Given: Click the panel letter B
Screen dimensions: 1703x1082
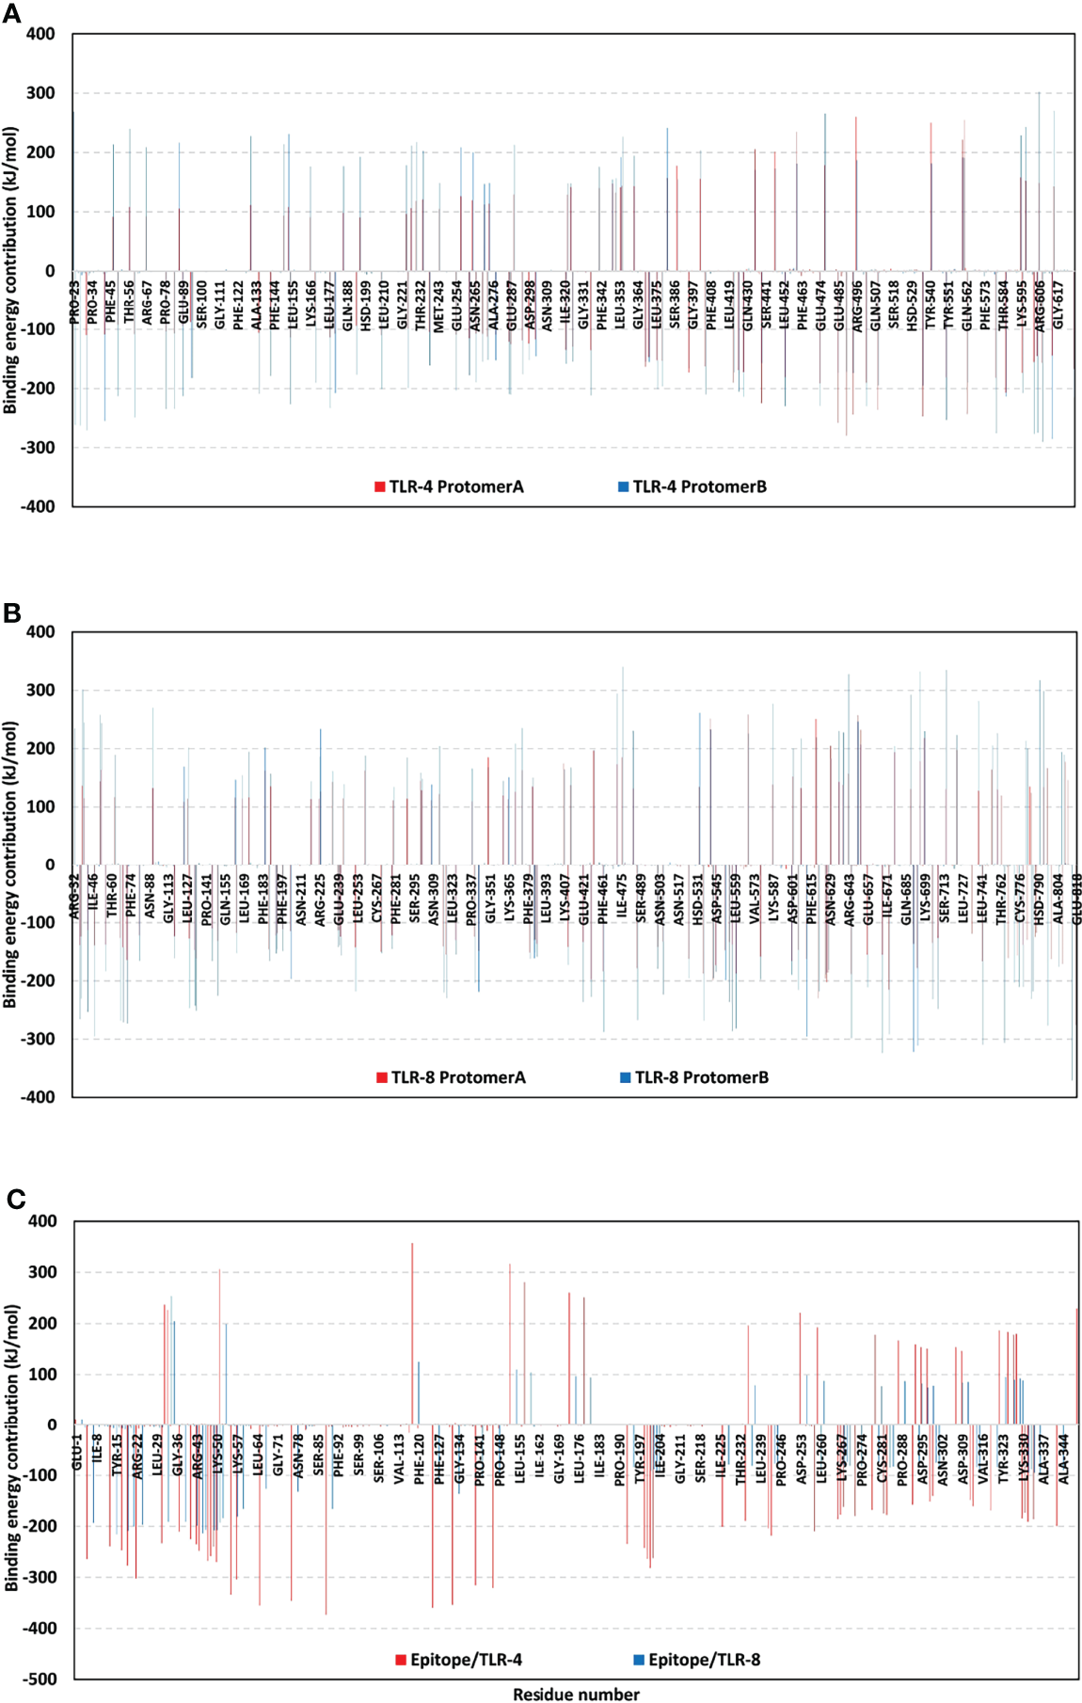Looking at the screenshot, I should coord(11,613).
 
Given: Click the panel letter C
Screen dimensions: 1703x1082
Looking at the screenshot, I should coord(15,1199).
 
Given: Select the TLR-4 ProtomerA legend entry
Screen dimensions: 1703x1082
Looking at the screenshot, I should coord(449,486).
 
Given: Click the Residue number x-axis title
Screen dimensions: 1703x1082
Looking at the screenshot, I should coord(576,1694).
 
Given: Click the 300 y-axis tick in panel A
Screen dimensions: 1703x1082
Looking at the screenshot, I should coord(40,93).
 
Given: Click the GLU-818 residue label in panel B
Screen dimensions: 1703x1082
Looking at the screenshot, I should coord(1076,899).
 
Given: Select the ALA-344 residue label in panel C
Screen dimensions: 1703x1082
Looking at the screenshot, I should coord(1064,1459).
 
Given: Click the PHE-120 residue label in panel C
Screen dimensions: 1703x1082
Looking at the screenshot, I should coord(419,1458).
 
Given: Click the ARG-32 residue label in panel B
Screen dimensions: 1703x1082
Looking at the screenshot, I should coord(75,897).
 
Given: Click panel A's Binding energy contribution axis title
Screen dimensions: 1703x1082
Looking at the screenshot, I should coord(10,270).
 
